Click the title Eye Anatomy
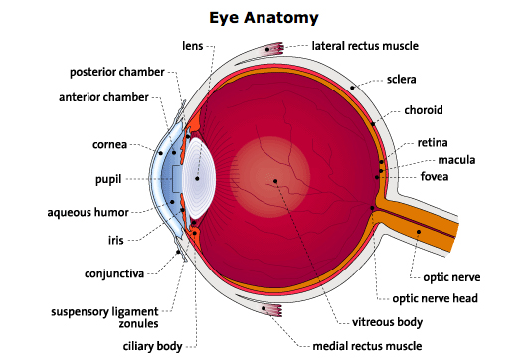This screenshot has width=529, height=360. click(264, 17)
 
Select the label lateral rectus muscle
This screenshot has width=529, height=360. click(365, 46)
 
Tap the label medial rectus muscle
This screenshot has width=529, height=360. click(366, 346)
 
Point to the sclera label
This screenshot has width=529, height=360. click(403, 78)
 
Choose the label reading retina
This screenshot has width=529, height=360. click(433, 142)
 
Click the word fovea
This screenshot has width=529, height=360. click(435, 176)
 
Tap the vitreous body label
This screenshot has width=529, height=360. click(388, 322)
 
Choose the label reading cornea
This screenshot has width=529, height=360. click(109, 144)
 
